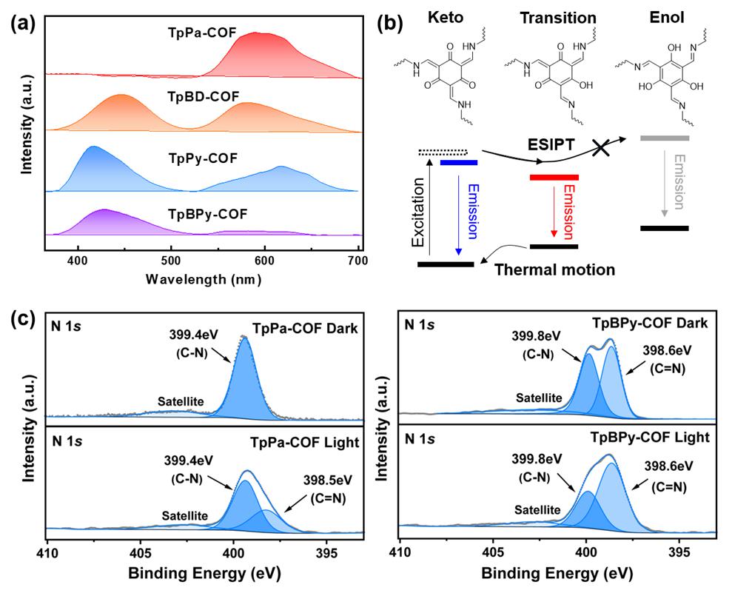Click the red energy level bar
(554, 177)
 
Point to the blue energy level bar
(458, 161)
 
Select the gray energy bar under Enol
(664, 138)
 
